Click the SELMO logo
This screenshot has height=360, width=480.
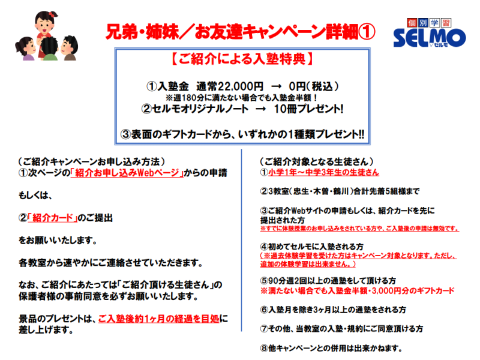coord(429,33)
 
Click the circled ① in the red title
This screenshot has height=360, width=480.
coord(367,32)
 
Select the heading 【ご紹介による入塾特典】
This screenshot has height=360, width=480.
coord(242,59)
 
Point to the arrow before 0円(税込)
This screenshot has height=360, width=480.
coord(276,87)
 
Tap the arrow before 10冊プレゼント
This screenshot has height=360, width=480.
coord(260,109)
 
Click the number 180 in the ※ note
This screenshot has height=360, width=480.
coord(189,98)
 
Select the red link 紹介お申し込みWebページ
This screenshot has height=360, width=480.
coord(127,173)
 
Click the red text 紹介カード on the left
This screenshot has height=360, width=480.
coord(53,218)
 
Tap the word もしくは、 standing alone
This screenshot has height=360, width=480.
coord(35,196)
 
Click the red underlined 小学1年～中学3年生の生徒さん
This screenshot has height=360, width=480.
coord(323,172)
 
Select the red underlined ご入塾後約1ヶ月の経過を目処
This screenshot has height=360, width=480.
coord(159,319)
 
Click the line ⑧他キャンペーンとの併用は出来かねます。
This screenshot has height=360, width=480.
coord(331,348)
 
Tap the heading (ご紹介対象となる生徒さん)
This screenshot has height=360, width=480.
coord(317,161)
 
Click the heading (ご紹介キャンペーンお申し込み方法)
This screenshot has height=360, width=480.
coord(92,161)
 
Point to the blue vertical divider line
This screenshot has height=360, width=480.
coord(242,241)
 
